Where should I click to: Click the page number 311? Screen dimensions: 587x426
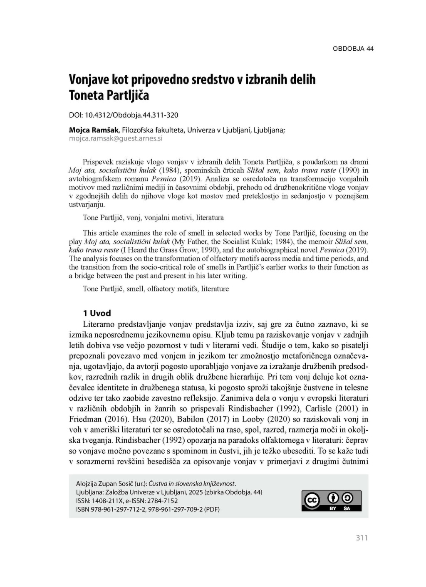pyautogui.click(x=362, y=538)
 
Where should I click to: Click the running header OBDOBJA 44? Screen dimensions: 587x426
pyautogui.click(x=353, y=49)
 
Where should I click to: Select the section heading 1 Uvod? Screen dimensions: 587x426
pyautogui.click(x=97, y=313)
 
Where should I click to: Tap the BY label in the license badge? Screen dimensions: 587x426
pyautogui.click(x=333, y=508)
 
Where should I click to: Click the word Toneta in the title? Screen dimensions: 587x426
pyautogui.click(x=86, y=95)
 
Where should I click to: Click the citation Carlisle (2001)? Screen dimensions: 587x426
pyautogui.click(x=329, y=409)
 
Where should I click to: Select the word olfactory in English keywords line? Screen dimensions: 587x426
pyautogui.click(x=159, y=289)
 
